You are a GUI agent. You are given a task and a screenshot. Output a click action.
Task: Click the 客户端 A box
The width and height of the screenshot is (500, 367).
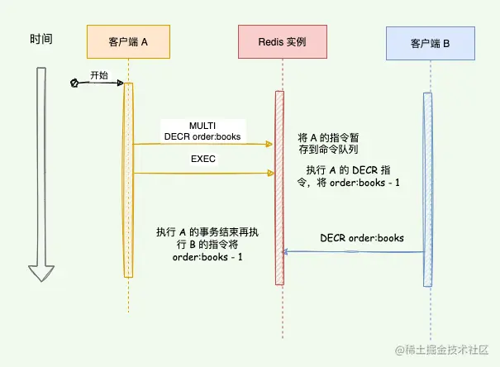(128, 41)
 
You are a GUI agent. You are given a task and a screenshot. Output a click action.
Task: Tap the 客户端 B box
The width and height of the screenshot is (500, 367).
(429, 42)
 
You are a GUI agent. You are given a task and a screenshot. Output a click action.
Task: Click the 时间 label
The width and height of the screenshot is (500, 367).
(41, 38)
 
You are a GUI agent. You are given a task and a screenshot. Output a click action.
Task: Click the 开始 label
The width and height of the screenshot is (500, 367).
(99, 74)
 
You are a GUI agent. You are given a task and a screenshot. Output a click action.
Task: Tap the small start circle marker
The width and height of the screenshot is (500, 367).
(74, 83)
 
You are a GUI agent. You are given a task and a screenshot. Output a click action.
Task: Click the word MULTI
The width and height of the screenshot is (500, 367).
(202, 125)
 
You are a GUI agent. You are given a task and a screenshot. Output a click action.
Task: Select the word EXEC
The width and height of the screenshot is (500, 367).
(203, 159)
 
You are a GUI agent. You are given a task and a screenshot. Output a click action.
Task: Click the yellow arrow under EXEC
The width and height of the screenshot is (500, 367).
(203, 173)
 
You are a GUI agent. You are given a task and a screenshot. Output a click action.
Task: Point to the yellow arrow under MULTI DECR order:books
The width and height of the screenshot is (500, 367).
(203, 144)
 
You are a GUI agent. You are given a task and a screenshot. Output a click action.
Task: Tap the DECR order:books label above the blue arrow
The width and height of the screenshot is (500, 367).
(362, 238)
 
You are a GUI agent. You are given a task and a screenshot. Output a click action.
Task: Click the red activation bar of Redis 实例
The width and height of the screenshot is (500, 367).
(279, 186)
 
